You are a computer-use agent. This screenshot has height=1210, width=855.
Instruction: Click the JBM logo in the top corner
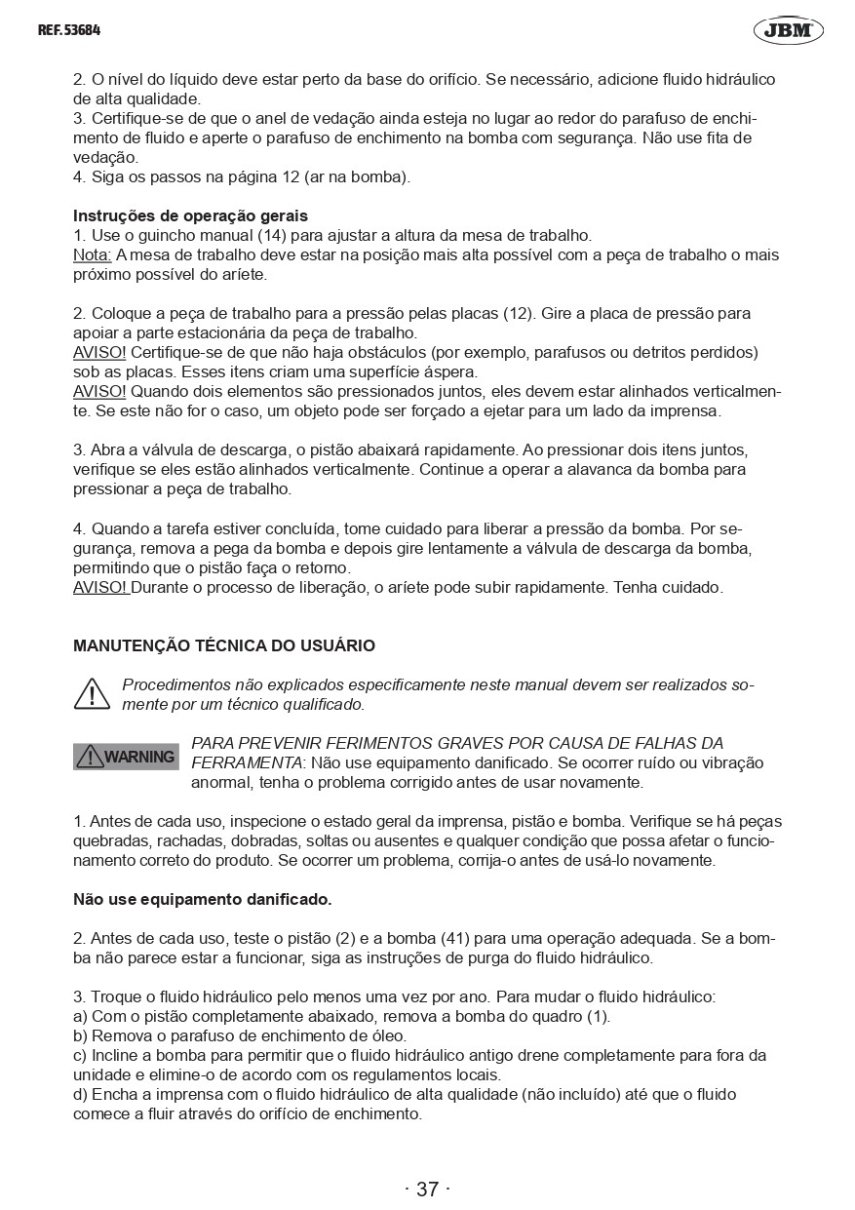(788, 30)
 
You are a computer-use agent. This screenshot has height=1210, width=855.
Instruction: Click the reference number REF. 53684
(69, 30)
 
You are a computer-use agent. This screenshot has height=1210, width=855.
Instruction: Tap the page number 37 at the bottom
(427, 1189)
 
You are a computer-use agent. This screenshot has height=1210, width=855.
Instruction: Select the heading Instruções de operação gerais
(190, 215)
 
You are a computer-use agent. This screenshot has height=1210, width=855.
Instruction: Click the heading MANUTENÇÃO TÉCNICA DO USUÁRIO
(224, 645)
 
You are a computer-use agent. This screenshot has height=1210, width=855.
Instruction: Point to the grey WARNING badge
(126, 757)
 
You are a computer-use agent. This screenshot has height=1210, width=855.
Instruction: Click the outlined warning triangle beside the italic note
(92, 693)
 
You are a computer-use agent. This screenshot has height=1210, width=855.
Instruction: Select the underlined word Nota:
(93, 254)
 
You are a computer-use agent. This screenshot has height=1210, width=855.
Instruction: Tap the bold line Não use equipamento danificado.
(203, 899)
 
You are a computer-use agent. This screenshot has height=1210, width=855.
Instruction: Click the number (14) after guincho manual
(272, 235)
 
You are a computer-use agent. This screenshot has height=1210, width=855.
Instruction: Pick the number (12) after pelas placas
(516, 313)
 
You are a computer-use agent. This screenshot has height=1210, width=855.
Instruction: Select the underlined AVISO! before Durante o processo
(100, 587)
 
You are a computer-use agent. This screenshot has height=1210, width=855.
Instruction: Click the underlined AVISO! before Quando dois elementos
(99, 391)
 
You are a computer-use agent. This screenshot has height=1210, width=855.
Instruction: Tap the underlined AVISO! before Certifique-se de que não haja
(99, 352)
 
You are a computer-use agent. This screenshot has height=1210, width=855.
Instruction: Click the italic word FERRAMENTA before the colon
(247, 761)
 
